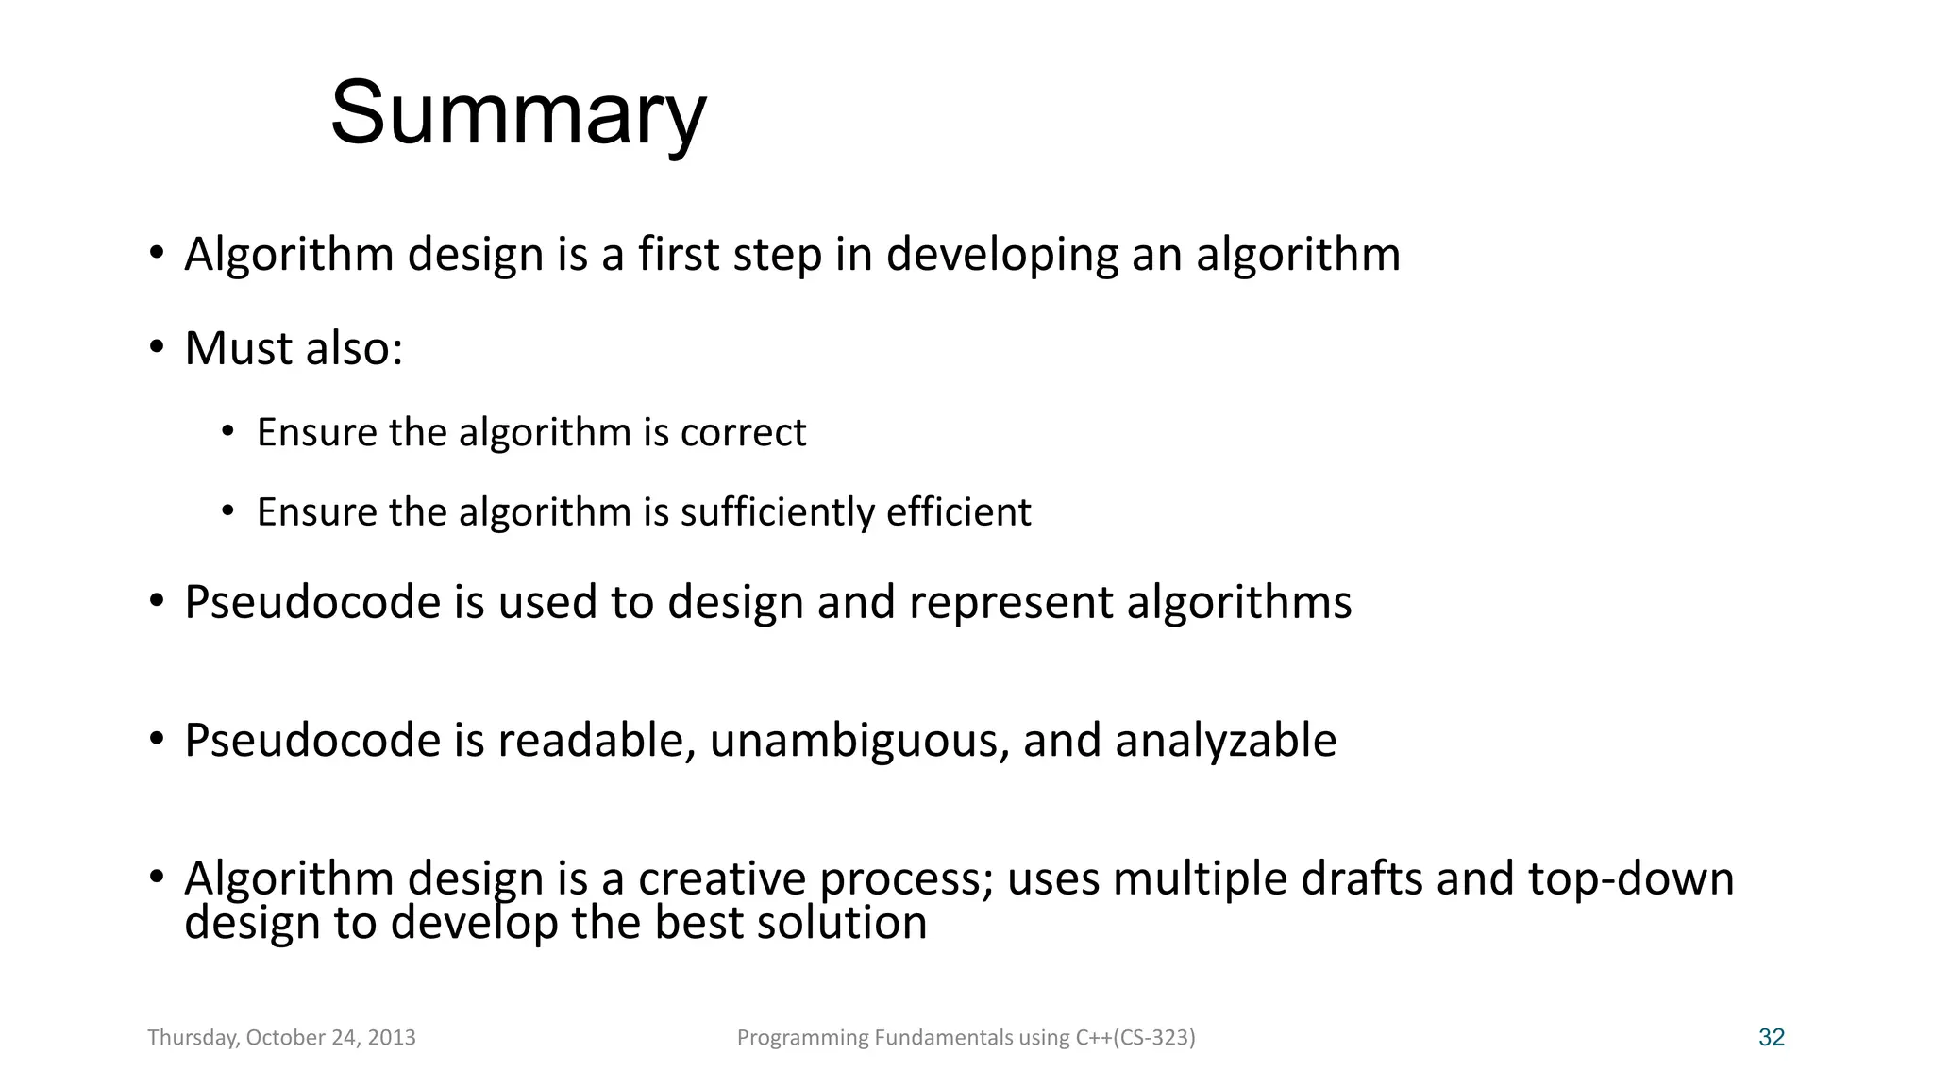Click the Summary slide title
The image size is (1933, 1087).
(517, 113)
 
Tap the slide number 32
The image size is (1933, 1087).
(1771, 1038)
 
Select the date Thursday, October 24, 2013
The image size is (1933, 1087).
(281, 1038)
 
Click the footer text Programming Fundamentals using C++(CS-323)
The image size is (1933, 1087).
(966, 1038)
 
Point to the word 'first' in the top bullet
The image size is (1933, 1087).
(679, 254)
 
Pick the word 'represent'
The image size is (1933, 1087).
(1011, 602)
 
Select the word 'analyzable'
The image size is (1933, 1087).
(1225, 740)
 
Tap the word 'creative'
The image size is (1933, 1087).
(722, 878)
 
